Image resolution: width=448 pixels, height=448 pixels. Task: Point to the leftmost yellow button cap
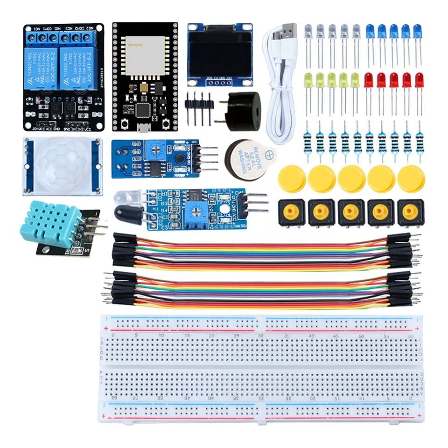292,179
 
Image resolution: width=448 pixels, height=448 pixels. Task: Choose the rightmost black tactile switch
411,212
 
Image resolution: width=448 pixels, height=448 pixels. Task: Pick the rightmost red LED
419,80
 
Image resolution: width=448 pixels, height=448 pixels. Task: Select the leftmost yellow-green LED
308,80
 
